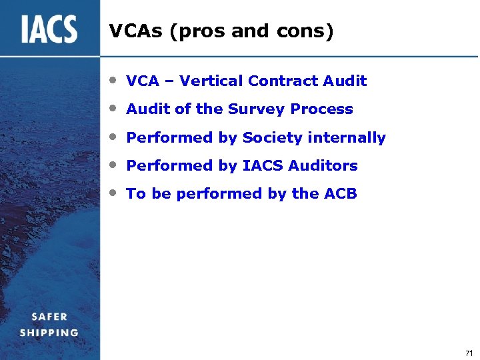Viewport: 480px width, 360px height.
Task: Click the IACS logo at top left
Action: tap(49, 29)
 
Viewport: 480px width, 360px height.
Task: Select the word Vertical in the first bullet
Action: tap(211, 81)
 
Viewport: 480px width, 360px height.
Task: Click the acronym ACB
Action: tap(341, 194)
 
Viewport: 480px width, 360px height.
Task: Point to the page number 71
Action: tap(469, 353)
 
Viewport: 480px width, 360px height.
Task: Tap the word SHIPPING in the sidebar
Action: tap(49, 333)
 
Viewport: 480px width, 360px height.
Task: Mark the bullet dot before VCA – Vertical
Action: tap(115, 80)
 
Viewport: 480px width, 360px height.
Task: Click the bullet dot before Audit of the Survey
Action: tap(115, 108)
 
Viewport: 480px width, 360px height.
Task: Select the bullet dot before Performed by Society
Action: tap(115, 137)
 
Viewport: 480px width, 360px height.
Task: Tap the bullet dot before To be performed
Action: tap(115, 193)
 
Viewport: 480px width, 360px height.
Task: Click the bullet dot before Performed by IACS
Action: tap(115, 165)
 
